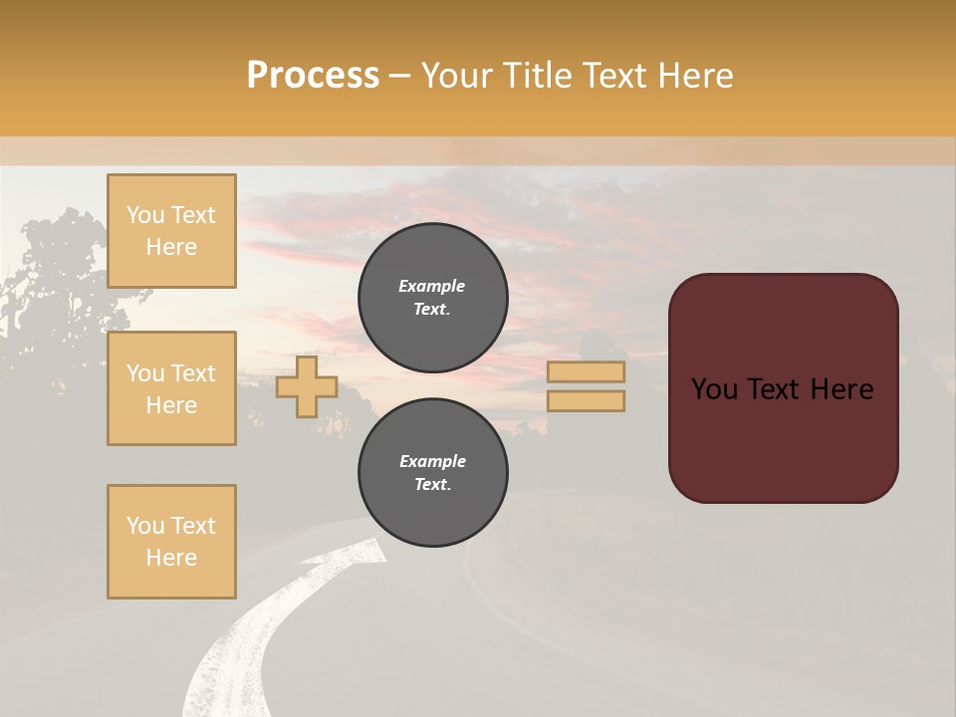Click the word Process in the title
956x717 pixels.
tap(313, 76)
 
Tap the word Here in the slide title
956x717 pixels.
tap(692, 76)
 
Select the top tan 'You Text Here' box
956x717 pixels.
tap(171, 231)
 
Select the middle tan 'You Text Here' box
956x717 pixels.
tap(171, 388)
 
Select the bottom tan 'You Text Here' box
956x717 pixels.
tap(171, 542)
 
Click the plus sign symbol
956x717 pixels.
tap(307, 386)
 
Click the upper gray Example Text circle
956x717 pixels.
tap(432, 297)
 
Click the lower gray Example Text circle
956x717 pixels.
tap(432, 472)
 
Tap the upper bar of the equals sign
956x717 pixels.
tap(586, 371)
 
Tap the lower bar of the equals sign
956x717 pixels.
tap(586, 400)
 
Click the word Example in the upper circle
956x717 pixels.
tap(432, 286)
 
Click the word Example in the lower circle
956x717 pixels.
tap(432, 461)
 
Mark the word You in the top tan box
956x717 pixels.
tap(145, 215)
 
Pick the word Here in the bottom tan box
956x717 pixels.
tap(171, 558)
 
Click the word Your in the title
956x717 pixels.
tap(459, 76)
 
